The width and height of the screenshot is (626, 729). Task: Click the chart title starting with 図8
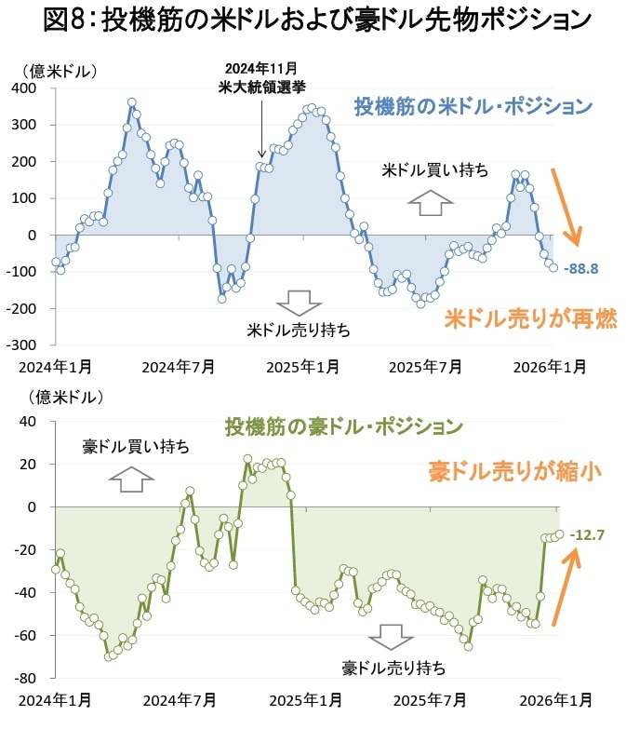313,21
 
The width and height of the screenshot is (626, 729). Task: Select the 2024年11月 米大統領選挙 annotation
262,77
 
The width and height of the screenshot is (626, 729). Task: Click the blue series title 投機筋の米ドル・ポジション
473,105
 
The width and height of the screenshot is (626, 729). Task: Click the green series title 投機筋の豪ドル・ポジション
343,427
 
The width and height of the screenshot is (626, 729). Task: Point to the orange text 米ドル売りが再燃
530,319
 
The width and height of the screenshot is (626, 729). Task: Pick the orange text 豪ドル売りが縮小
510,471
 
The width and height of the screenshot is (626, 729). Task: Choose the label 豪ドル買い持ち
136,447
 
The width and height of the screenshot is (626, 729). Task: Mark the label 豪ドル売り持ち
393,668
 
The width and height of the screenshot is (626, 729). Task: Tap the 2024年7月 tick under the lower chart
178,698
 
